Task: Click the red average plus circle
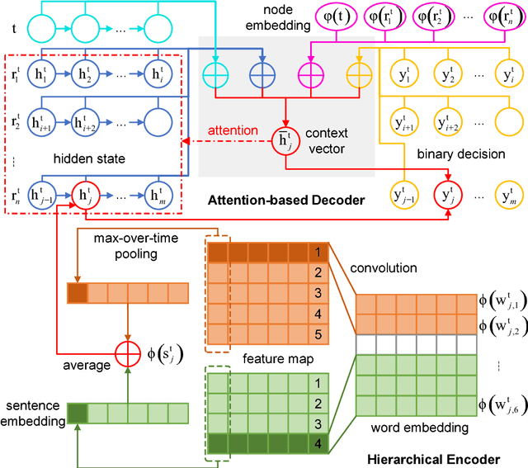click(x=127, y=354)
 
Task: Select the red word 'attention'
click(x=233, y=130)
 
